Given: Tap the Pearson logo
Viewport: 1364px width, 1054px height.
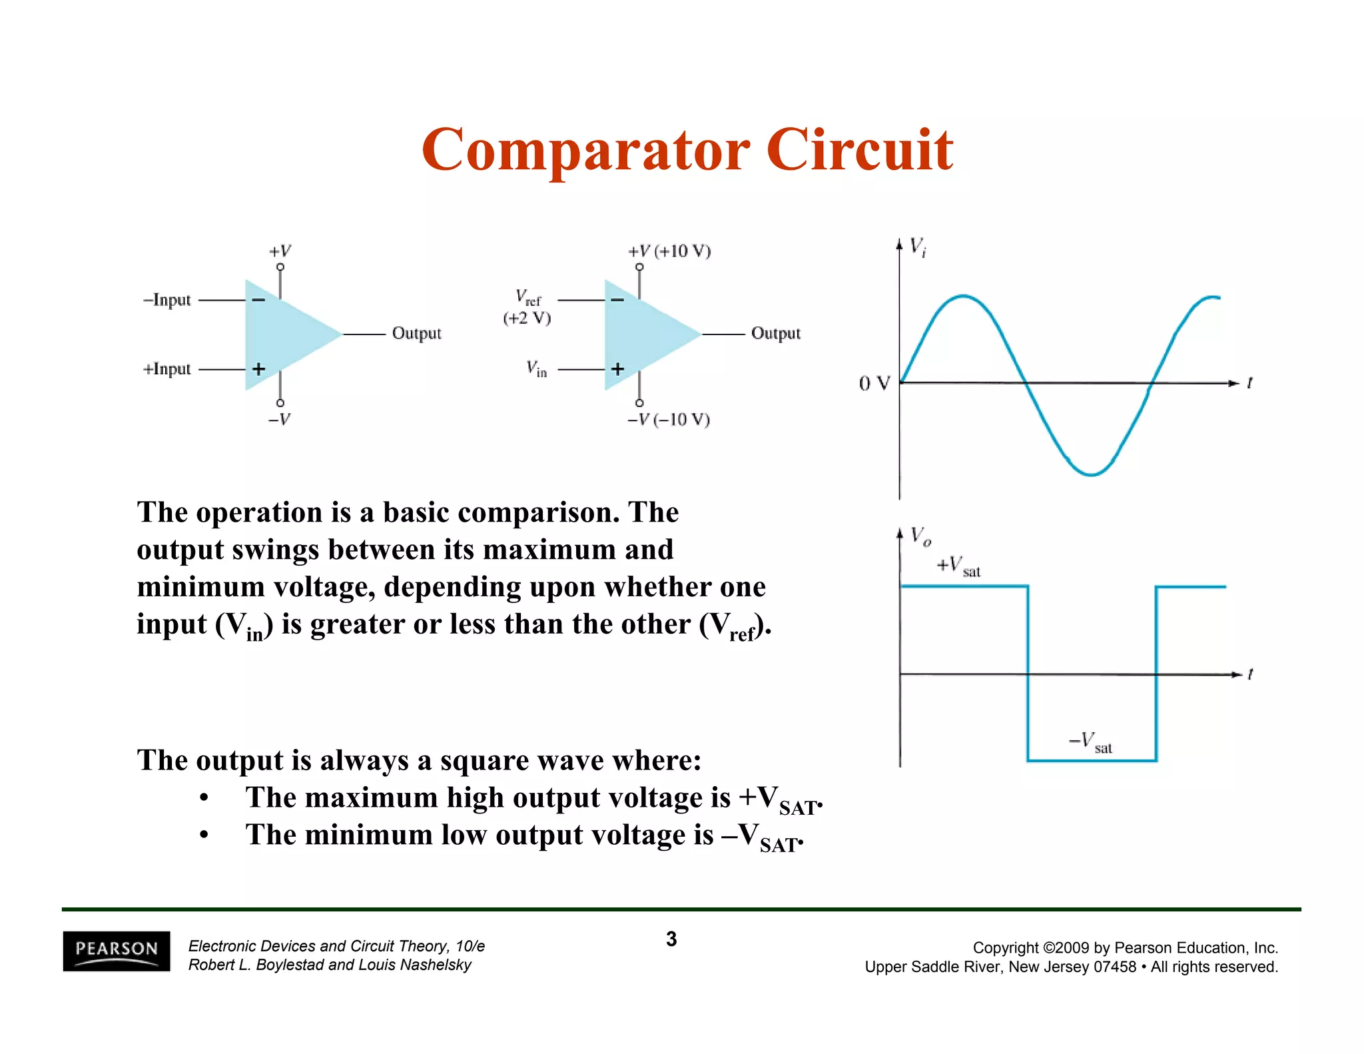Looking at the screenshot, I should [x=117, y=951].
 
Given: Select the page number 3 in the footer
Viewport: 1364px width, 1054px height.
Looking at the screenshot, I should [x=671, y=939].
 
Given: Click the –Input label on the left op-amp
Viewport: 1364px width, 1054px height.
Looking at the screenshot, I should [x=167, y=300].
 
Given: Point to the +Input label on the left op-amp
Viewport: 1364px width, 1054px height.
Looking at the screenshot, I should [x=167, y=369].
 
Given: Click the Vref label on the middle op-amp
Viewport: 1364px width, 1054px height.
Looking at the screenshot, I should [x=528, y=297].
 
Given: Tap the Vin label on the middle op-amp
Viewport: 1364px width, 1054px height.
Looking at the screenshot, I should [x=536, y=368].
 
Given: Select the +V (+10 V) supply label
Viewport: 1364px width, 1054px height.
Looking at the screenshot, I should [x=669, y=251].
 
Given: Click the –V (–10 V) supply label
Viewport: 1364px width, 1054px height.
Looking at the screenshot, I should [x=669, y=420].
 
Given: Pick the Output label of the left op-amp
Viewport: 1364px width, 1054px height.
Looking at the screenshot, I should [x=416, y=333].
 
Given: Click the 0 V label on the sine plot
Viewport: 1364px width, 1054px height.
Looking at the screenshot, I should [x=874, y=384].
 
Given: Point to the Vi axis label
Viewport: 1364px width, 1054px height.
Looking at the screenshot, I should [x=918, y=247].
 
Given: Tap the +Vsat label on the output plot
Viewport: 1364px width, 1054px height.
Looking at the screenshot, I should [x=958, y=566].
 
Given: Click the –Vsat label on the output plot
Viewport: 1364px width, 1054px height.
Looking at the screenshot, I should [x=1090, y=742].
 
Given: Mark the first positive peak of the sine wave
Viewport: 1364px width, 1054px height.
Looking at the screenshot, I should [x=963, y=295].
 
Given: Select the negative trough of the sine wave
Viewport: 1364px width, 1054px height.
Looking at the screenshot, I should [x=1091, y=475].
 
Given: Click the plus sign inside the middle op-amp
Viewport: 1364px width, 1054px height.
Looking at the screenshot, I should [x=618, y=369].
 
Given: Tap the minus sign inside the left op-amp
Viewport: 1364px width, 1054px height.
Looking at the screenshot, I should [x=258, y=300].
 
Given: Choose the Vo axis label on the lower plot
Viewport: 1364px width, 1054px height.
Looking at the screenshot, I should [x=920, y=536].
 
